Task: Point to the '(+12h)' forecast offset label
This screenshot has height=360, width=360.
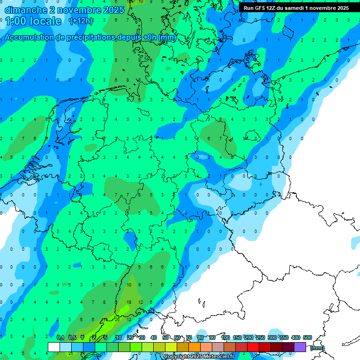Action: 81,21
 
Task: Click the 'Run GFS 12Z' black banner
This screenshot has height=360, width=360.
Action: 296,8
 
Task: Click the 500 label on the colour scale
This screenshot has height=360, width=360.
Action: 307,337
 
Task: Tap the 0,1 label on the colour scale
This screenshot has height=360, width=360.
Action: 60,337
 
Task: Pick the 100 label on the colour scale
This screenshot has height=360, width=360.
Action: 225,337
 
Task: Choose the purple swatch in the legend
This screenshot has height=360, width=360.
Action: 300,347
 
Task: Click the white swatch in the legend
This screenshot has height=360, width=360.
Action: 54,347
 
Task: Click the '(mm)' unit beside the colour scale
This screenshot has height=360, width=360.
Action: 317,348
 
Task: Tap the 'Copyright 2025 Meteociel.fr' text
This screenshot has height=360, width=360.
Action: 199,357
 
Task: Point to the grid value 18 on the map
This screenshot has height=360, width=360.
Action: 128,302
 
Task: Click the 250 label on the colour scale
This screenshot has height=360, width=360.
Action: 261,337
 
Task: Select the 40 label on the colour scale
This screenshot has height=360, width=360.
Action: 154,337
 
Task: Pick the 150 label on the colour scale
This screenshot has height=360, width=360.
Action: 237,337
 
